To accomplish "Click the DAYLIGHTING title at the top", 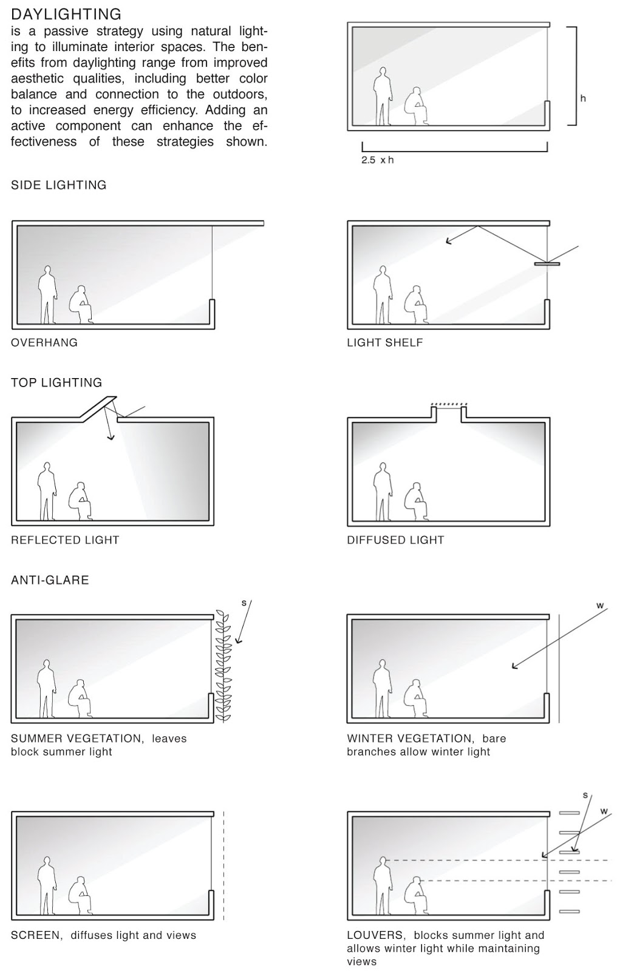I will click(x=66, y=14).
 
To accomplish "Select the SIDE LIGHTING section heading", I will click(x=59, y=185).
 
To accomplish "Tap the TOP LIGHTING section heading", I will click(x=56, y=382).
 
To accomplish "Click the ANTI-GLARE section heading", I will click(x=50, y=580).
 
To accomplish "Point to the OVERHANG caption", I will click(x=44, y=342).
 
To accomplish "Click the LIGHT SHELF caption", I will click(x=384, y=342).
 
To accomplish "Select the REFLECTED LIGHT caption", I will click(x=65, y=540).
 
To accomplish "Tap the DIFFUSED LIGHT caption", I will click(x=395, y=540).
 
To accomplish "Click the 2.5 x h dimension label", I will click(x=377, y=160).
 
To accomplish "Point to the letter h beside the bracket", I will click(x=583, y=98).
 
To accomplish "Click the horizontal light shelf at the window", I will click(x=547, y=264).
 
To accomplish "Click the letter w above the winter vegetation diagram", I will click(x=600, y=605).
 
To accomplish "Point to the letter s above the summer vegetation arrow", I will click(x=244, y=603).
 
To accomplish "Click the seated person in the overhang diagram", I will click(x=81, y=304).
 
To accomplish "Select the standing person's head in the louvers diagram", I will click(x=383, y=861).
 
